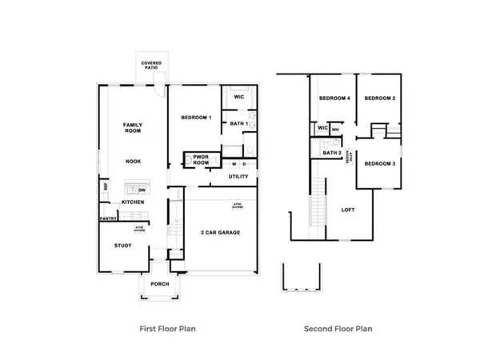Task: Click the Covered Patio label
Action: tap(151, 65)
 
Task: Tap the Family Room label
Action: tap(133, 128)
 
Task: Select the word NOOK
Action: tap(133, 162)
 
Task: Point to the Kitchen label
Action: tap(133, 202)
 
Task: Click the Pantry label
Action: tap(108, 218)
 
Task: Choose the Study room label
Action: tap(122, 246)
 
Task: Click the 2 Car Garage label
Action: tap(221, 233)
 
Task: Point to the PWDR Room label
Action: tap(201, 160)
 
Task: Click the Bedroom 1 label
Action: tap(196, 118)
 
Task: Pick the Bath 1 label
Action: tap(238, 123)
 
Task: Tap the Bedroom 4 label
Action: tap(334, 98)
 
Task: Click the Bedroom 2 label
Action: tap(380, 98)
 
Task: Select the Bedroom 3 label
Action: tap(379, 163)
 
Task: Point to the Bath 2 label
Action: tap(333, 153)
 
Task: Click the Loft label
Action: tap(348, 210)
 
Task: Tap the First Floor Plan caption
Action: tap(168, 328)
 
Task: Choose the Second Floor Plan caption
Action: tap(338, 328)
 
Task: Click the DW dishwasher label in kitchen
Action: tap(142, 190)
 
